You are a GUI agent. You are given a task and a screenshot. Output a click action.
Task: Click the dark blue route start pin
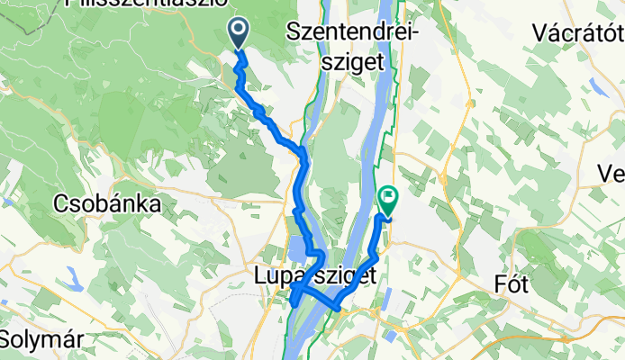pyautogui.click(x=240, y=33)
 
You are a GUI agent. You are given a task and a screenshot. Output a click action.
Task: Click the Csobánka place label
pyautogui.click(x=109, y=203)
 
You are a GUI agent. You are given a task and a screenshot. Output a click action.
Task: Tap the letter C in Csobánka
pyautogui.click(x=63, y=203)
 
